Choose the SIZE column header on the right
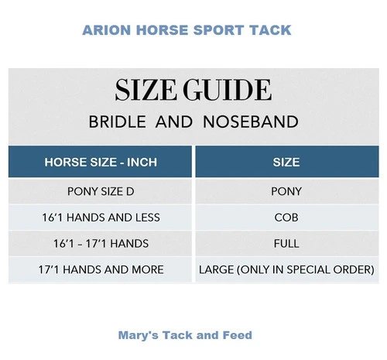[286, 163]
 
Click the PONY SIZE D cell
[101, 191]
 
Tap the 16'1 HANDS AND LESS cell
[101, 218]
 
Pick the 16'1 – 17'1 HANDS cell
[101, 244]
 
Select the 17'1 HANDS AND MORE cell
[101, 270]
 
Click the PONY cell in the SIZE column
[286, 191]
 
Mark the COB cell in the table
[286, 218]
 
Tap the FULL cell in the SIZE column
[286, 244]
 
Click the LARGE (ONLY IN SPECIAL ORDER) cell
[286, 270]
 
